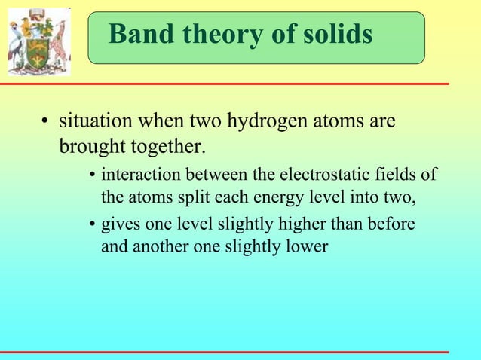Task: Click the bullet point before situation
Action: click(46, 123)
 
